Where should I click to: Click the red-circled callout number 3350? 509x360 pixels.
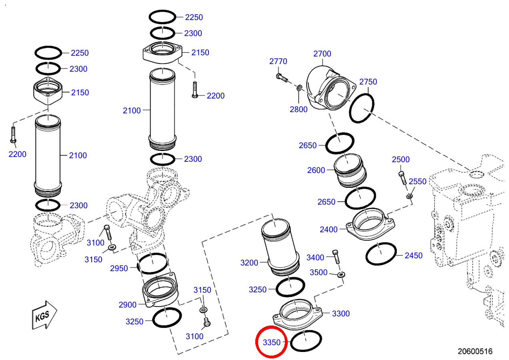(x=272, y=342)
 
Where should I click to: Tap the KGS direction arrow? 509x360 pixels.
(x=44, y=315)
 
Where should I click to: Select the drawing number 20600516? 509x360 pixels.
(x=475, y=351)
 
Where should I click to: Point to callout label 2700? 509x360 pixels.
(x=322, y=54)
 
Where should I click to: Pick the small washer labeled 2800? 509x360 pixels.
(x=300, y=87)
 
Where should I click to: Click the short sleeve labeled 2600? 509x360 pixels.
(x=350, y=171)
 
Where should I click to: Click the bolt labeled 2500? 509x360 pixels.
(x=403, y=178)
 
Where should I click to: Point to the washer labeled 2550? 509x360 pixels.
(x=409, y=196)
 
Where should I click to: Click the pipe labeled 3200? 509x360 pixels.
(x=280, y=247)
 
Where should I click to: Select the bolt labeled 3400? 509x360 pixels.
(x=336, y=257)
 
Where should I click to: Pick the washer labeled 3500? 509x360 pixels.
(x=341, y=275)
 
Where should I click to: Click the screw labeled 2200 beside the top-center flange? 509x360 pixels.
(x=195, y=90)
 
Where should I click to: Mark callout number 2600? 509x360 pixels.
(x=316, y=170)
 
